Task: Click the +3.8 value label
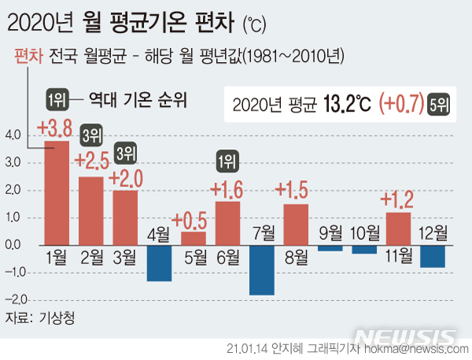pos(55,128)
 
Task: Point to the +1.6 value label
pos(228,189)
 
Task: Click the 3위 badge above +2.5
pos(91,135)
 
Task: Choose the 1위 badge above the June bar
pos(227,163)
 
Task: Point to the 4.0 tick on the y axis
pos(13,135)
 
